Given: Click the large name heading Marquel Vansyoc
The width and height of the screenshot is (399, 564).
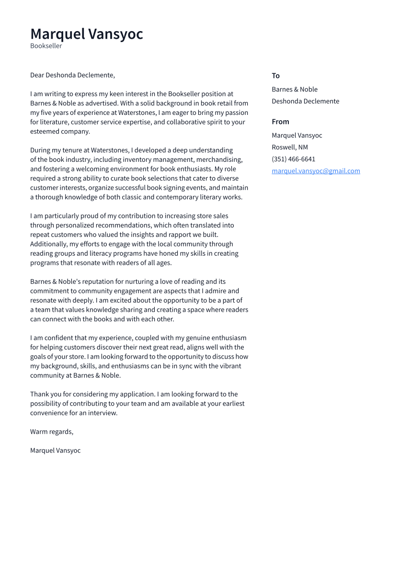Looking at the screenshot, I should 87,34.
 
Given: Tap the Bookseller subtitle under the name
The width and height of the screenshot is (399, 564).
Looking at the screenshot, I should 46,46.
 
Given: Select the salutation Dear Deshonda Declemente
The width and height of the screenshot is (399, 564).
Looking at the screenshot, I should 72,75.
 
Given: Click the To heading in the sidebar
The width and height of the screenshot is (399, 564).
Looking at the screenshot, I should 275,76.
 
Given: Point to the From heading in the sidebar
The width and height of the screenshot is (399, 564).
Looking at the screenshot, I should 280,122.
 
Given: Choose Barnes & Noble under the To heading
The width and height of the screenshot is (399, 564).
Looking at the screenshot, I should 295,90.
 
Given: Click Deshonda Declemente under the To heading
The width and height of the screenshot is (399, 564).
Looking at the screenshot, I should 305,101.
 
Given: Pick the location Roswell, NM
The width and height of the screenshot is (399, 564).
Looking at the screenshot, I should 290,147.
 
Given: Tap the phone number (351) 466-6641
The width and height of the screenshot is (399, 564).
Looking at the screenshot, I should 293,159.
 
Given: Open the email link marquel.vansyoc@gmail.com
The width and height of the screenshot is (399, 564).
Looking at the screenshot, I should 316,171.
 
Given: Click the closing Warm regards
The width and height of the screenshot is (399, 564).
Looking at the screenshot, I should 52,432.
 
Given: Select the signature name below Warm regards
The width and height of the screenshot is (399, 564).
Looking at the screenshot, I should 55,451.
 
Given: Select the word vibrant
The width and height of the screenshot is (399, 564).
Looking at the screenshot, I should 228,366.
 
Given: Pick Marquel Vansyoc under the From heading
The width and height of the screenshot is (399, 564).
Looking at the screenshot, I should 296,135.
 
